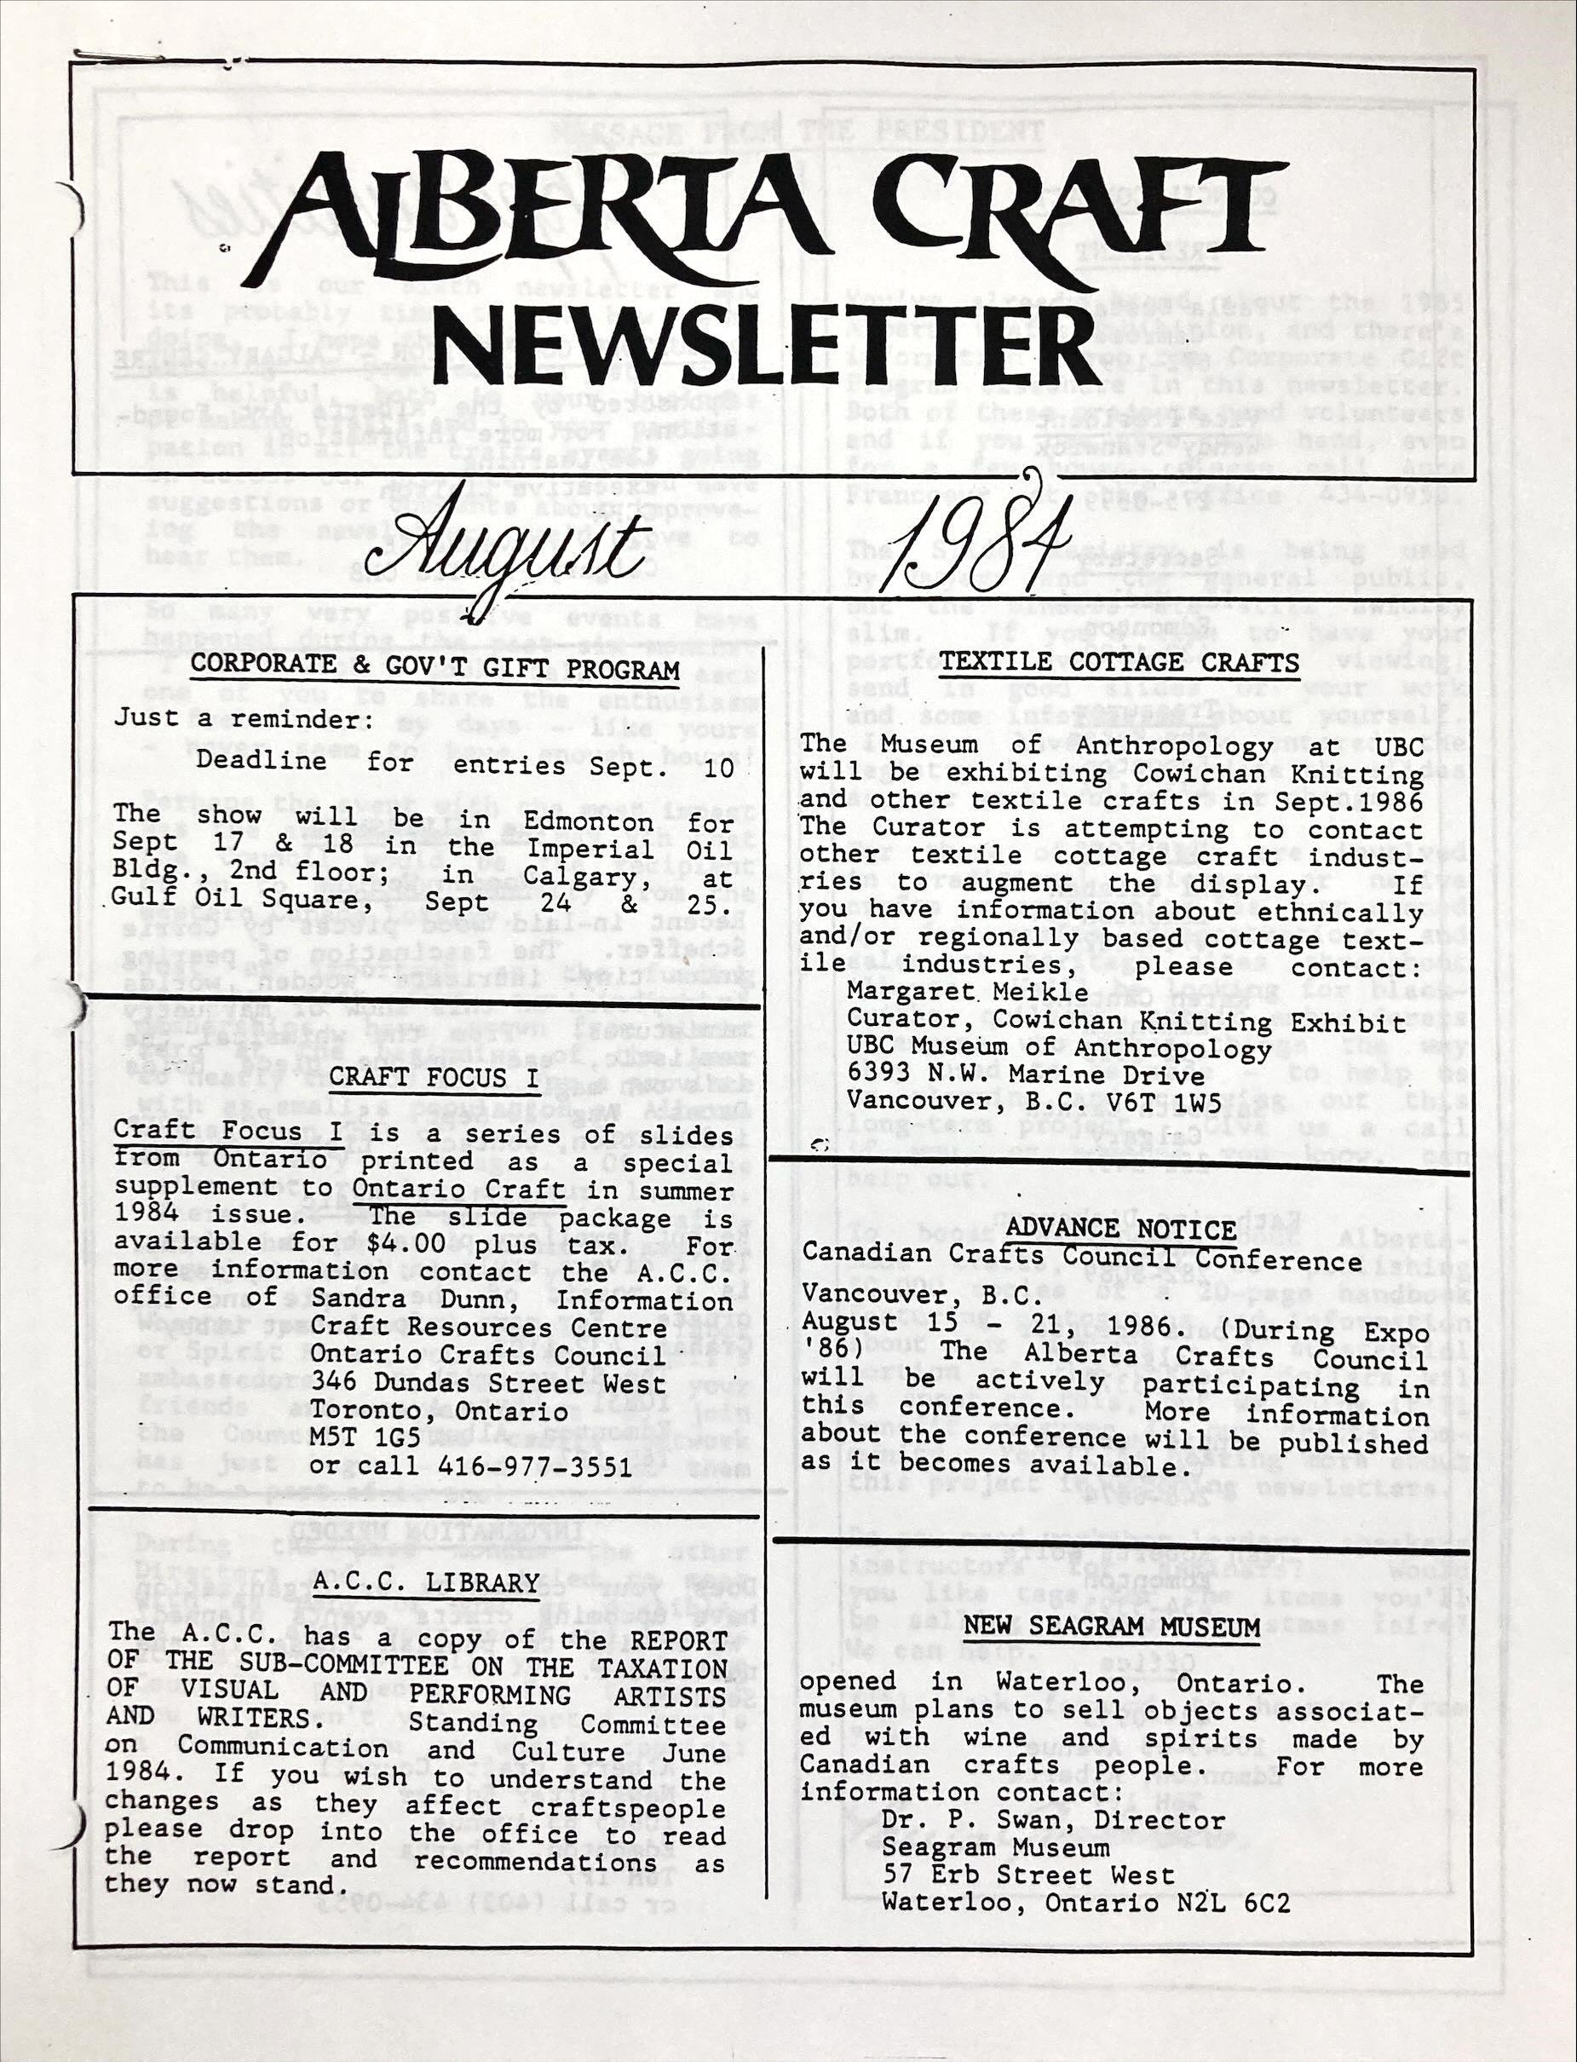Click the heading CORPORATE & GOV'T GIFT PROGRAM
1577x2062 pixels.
pos(435,669)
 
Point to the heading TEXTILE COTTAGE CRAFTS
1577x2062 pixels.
pos(1119,663)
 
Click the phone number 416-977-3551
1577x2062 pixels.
pos(535,1467)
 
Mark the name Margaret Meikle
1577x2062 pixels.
pos(967,991)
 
